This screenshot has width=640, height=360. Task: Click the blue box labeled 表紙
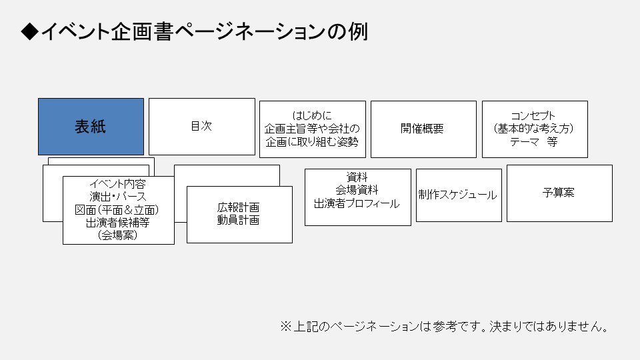[x=91, y=127]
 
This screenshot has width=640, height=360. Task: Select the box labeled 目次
[x=201, y=126]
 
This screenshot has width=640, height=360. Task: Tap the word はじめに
[x=312, y=115]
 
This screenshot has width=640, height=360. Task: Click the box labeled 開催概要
[x=423, y=129]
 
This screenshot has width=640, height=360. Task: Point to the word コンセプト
[x=533, y=115]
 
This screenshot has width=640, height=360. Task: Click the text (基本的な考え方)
[x=533, y=128]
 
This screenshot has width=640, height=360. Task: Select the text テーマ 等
[x=533, y=142]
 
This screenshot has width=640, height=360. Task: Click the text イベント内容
[x=117, y=183]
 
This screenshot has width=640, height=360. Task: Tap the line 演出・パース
[x=117, y=196]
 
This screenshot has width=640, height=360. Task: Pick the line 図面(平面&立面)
[x=117, y=209]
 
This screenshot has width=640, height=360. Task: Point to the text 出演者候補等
[x=117, y=222]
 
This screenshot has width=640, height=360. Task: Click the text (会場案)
[x=117, y=235]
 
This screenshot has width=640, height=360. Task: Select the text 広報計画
[x=238, y=207]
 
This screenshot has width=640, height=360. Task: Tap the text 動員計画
[x=238, y=220]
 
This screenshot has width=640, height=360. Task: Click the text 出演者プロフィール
[x=357, y=203]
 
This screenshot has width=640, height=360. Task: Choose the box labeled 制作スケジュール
[x=457, y=195]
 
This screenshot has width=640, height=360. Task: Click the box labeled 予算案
[x=559, y=193]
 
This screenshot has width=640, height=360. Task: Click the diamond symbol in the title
[x=29, y=32]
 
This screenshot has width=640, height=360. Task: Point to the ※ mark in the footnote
[x=285, y=327]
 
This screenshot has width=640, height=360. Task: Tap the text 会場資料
[x=357, y=190]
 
